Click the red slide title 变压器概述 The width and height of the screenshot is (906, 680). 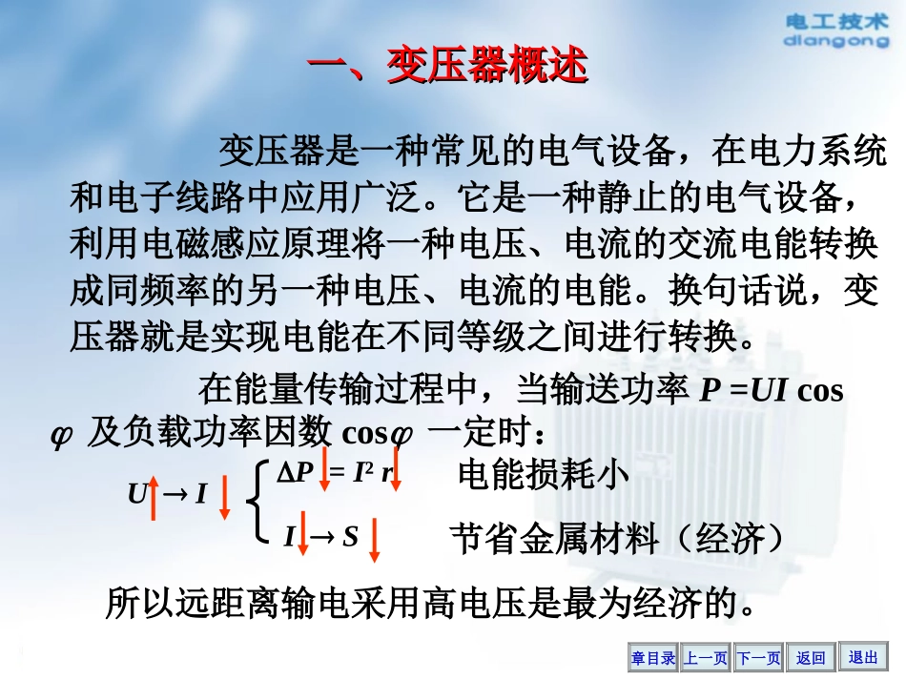447,68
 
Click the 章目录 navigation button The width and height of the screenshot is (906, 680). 653,657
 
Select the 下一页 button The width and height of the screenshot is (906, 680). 759,657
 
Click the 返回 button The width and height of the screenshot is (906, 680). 811,657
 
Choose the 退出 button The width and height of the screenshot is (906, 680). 863,657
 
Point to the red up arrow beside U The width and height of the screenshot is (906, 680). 152,497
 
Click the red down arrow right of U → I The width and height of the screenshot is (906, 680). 225,497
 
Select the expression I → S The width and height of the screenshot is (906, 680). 320,537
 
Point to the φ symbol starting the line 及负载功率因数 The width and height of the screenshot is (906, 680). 61,435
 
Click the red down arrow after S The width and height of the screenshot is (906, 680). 375,540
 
